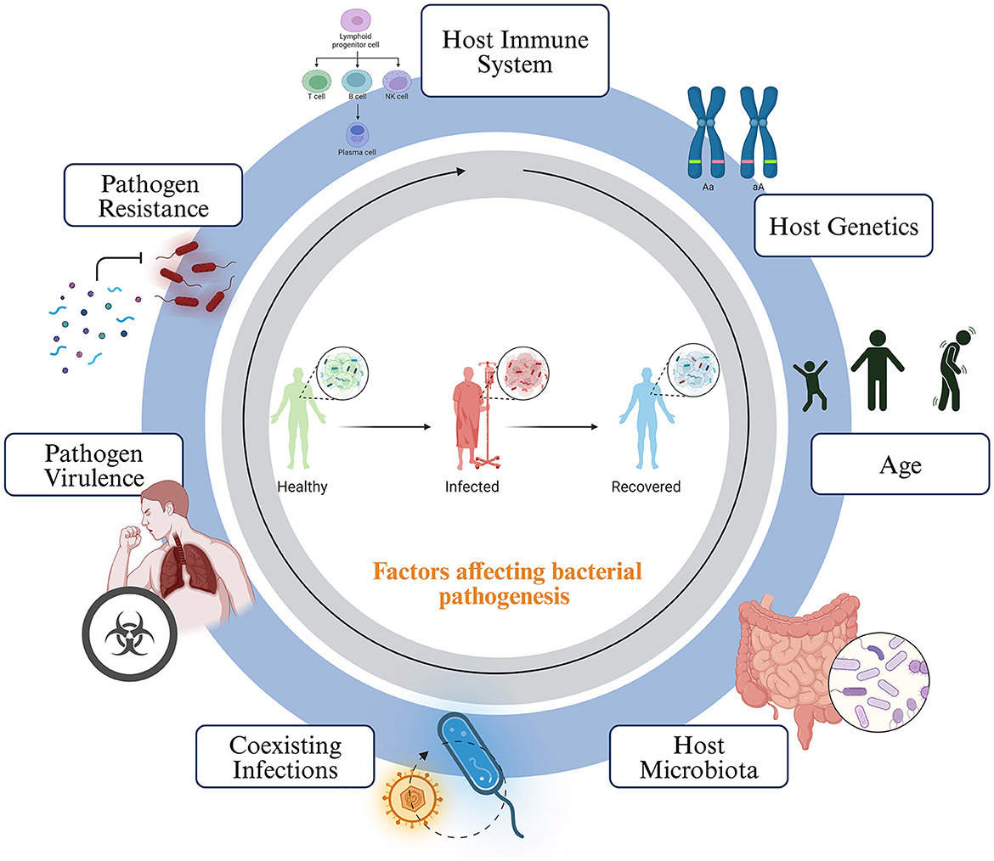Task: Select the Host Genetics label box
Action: click(832, 226)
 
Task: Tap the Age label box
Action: click(899, 464)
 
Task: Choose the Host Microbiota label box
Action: click(697, 758)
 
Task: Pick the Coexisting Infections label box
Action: click(285, 758)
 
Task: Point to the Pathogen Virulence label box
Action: click(93, 464)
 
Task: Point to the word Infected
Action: click(472, 488)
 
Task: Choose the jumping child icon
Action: click(809, 383)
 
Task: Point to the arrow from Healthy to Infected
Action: click(383, 427)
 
